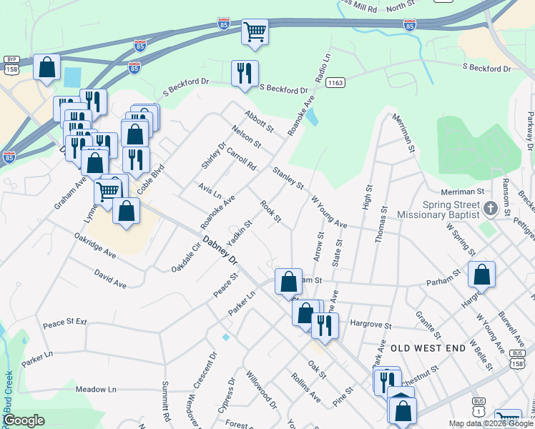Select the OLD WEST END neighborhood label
pos(424,347)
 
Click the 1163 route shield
pos(334,83)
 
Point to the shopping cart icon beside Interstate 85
pos(255,31)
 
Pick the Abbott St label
pos(259,121)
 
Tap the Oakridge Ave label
pos(95,244)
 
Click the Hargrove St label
pos(370,325)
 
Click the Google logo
pos(24,420)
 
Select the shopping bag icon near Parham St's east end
pos(482,275)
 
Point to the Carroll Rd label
pos(241,158)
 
